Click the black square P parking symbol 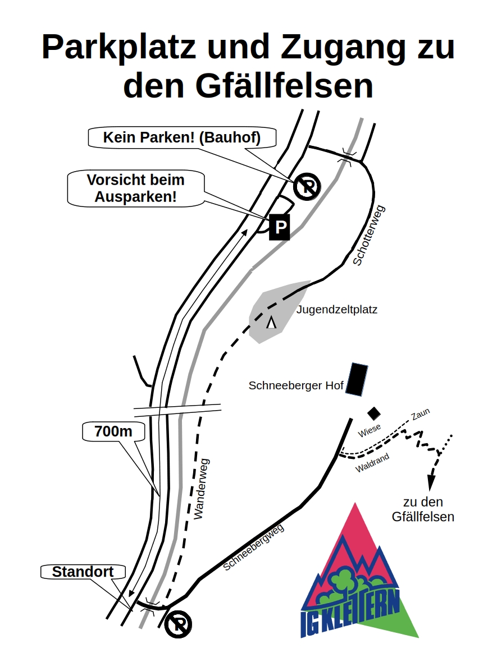pyautogui.click(x=280, y=227)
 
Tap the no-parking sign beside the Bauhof pyautogui.click(x=307, y=186)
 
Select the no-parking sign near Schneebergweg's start pyautogui.click(x=179, y=624)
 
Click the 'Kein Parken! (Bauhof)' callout pyautogui.click(x=181, y=137)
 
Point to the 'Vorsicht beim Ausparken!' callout pyautogui.click(x=135, y=189)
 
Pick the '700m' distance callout pyautogui.click(x=113, y=431)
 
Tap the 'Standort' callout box pyautogui.click(x=83, y=572)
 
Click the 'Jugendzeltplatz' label pyautogui.click(x=337, y=309)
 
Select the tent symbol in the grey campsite pyautogui.click(x=272, y=323)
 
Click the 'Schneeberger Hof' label pyautogui.click(x=296, y=385)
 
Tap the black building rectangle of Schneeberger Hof pyautogui.click(x=357, y=379)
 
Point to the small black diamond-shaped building pyautogui.click(x=374, y=413)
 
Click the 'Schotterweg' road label pyautogui.click(x=370, y=236)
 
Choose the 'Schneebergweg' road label pyautogui.click(x=253, y=547)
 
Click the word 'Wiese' pyautogui.click(x=369, y=430)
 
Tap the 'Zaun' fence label pyautogui.click(x=420, y=414)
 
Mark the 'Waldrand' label pyautogui.click(x=372, y=463)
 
